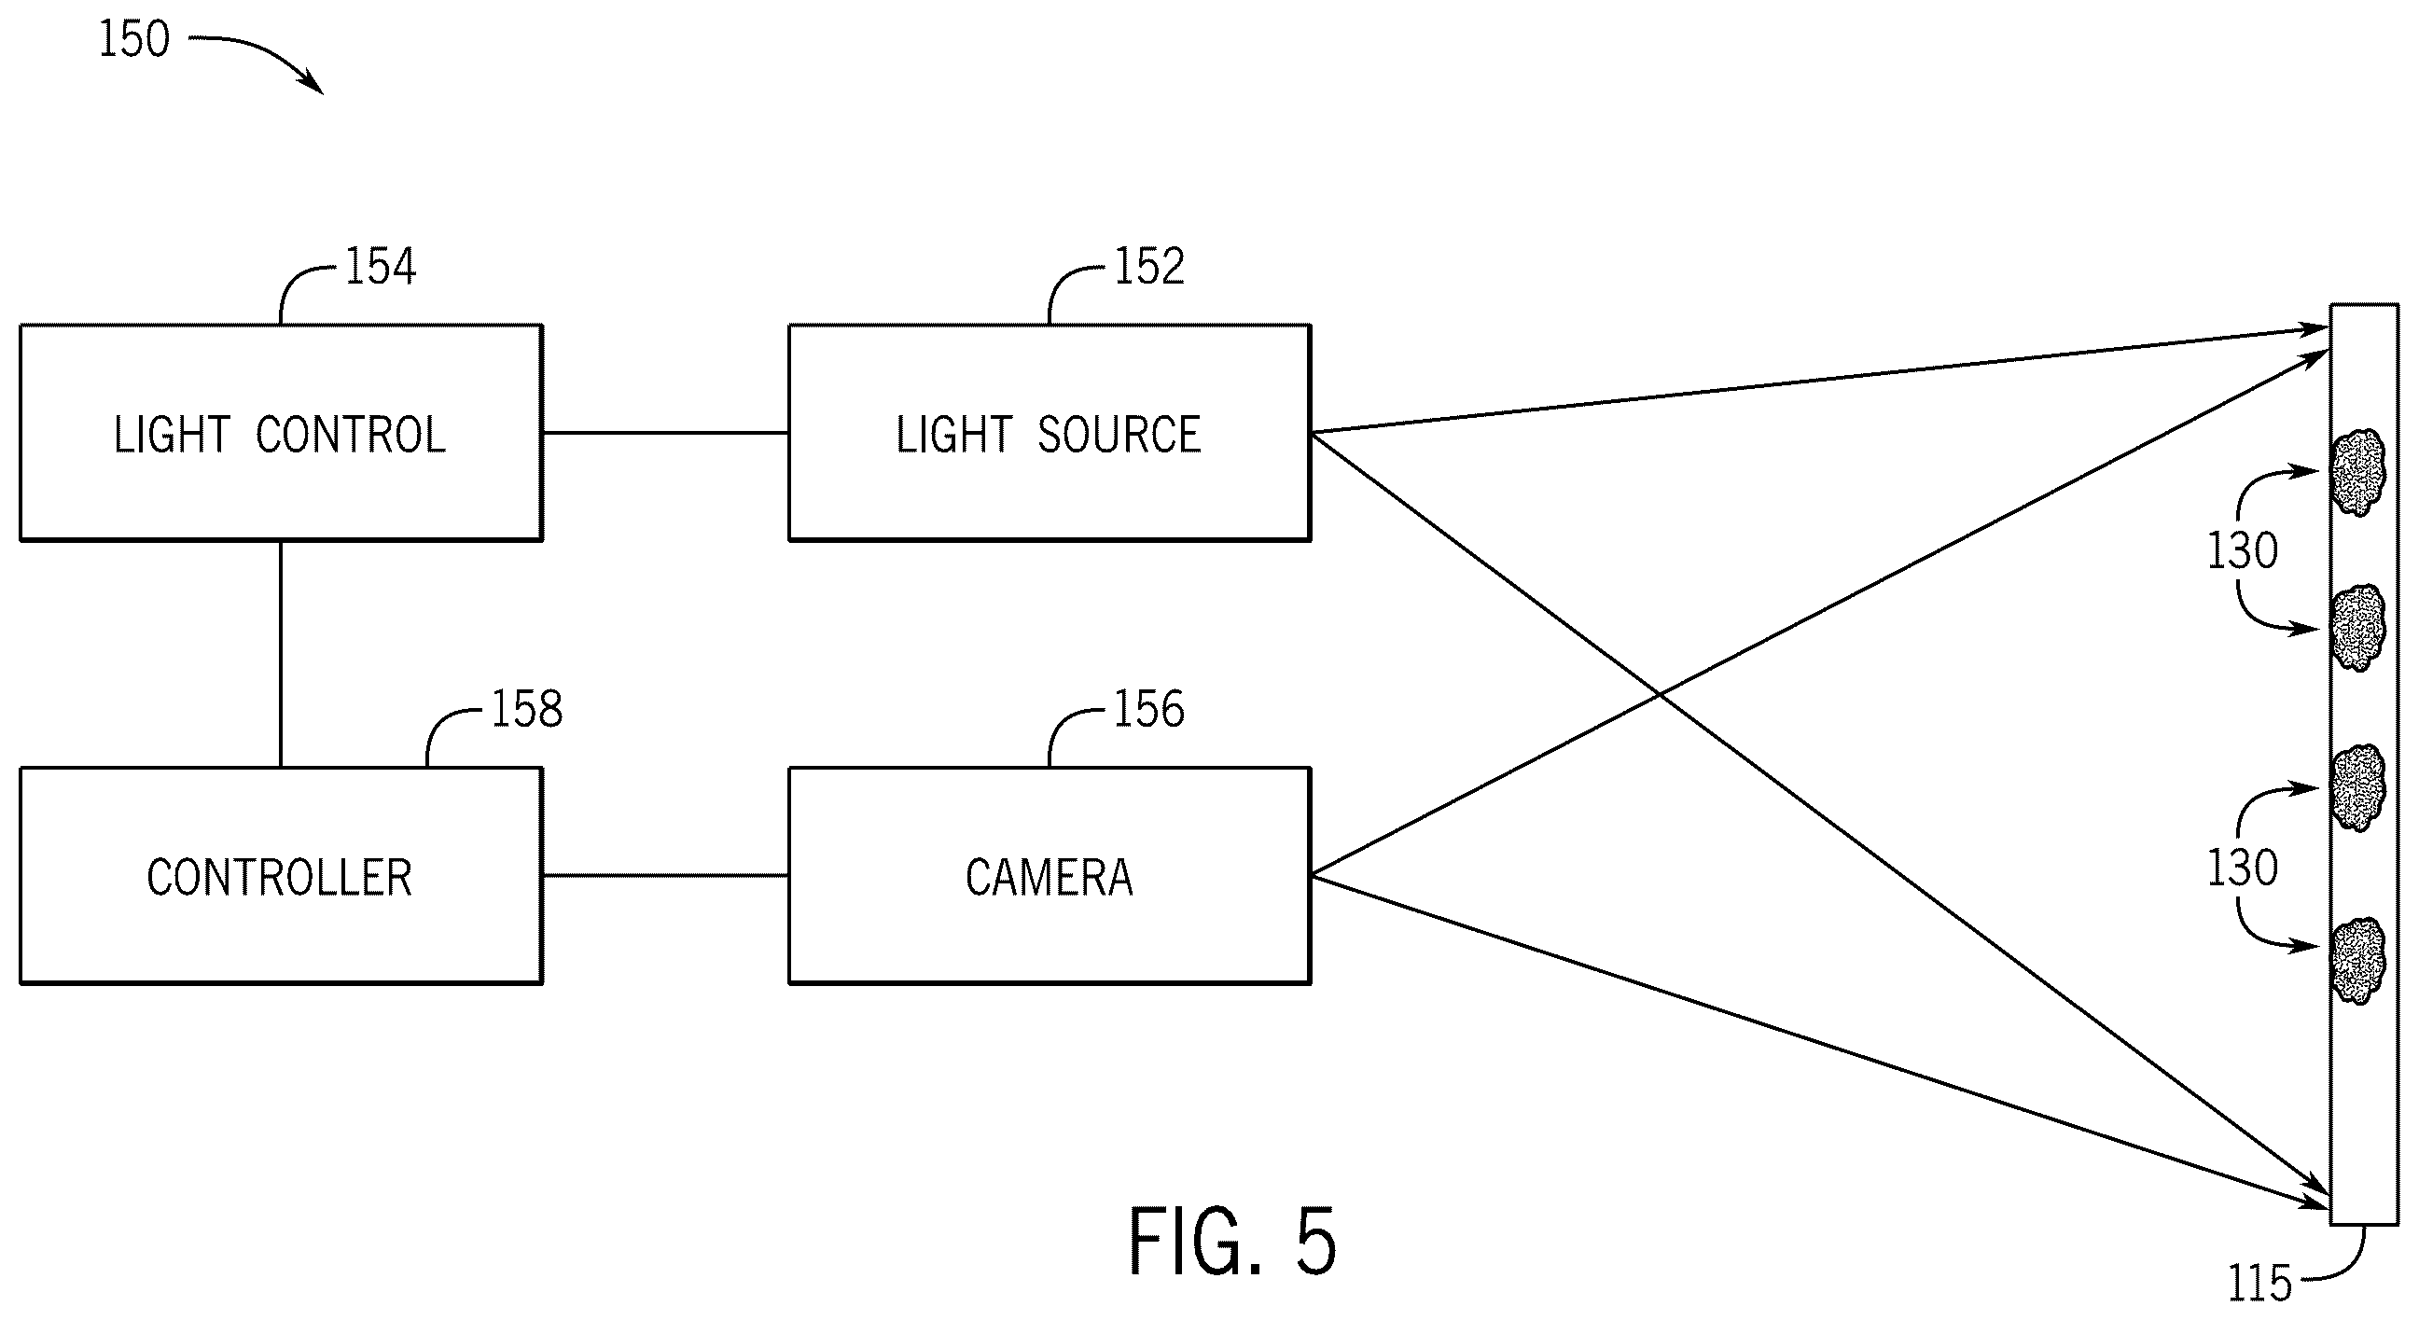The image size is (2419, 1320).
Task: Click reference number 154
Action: (381, 266)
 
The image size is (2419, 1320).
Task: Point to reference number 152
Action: (1148, 266)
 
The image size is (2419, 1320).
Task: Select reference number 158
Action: (527, 709)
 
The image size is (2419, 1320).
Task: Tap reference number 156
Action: (1148, 709)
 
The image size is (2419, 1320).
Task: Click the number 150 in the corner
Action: (134, 39)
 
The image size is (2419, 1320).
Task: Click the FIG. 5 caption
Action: (1232, 1241)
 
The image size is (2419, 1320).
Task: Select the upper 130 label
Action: (2243, 550)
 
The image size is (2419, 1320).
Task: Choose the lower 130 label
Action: (2243, 868)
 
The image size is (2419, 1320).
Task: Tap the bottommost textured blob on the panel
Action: (2358, 962)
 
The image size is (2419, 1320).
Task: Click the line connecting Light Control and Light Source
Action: (665, 433)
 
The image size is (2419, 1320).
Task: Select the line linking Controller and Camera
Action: (665, 876)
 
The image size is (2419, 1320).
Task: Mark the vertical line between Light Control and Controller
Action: (281, 654)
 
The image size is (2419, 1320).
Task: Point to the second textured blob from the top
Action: (2358, 628)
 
